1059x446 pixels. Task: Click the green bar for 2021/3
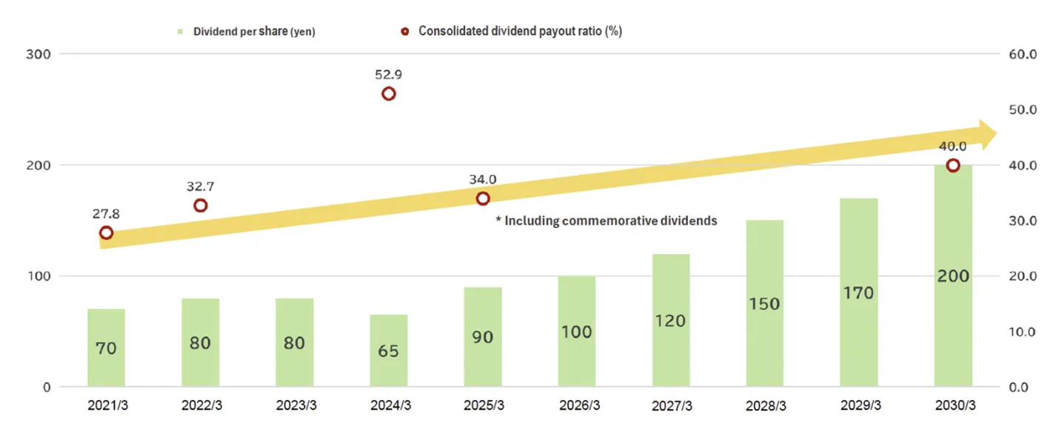click(x=106, y=347)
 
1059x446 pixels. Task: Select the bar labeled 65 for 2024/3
click(x=388, y=350)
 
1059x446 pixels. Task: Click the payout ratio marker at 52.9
click(x=389, y=94)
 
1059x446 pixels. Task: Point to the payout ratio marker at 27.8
click(x=107, y=233)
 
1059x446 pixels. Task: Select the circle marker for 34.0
click(x=483, y=199)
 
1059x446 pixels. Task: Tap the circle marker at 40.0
click(x=953, y=165)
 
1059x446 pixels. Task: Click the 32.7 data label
click(x=200, y=187)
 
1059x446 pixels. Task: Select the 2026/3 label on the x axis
click(x=577, y=406)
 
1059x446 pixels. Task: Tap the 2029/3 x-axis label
click(x=859, y=406)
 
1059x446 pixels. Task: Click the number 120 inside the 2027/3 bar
click(x=670, y=321)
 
